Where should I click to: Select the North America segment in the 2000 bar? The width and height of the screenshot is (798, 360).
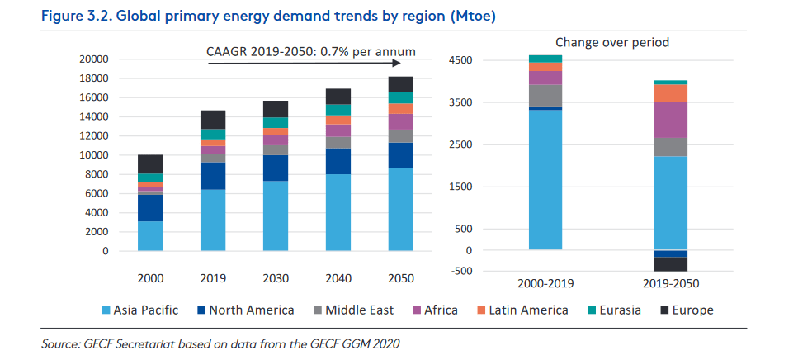(149, 207)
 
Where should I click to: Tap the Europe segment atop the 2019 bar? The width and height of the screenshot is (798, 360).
(212, 119)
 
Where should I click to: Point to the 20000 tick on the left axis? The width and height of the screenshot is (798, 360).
(92, 59)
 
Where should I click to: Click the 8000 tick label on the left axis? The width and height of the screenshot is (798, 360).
(96, 174)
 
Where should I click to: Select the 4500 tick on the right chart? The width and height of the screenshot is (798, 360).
(460, 60)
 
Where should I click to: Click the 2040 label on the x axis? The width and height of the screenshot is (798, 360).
(338, 278)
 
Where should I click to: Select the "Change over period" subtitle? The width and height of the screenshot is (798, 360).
(611, 42)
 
